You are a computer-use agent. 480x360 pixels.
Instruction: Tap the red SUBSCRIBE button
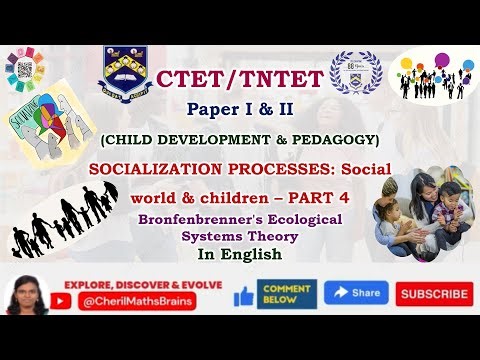coord(434,294)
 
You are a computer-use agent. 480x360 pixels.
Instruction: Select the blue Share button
coord(356,293)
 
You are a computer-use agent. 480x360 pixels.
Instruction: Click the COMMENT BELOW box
coord(287,293)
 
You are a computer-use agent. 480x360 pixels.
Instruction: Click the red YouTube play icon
coord(64,297)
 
